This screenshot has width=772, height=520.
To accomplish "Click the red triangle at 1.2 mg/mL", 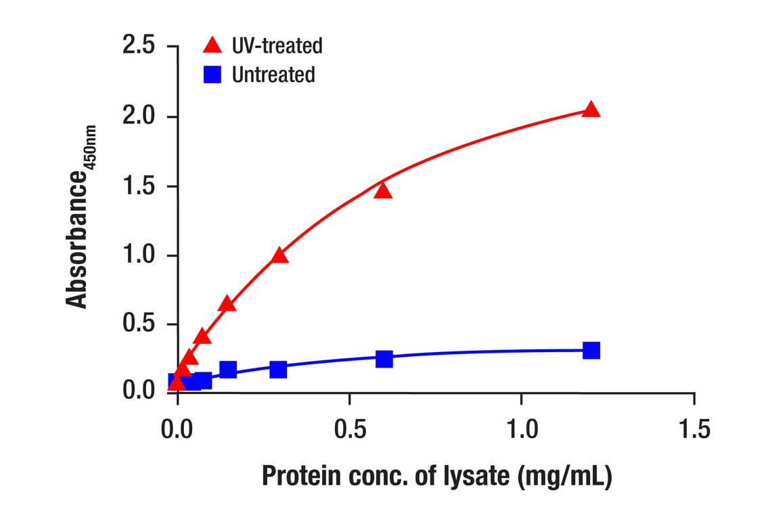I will [591, 110].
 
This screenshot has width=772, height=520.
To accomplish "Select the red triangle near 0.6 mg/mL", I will [384, 190].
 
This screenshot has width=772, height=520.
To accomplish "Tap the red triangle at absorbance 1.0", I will [279, 255].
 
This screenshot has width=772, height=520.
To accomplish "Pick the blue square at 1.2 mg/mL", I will [591, 350].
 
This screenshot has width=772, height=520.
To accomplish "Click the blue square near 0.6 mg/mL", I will [384, 359].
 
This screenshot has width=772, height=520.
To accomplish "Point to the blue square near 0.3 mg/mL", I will [278, 369].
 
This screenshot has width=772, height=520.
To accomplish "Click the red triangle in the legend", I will [212, 45].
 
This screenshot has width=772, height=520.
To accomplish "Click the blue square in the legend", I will [212, 74].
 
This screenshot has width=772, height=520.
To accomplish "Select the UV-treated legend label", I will [277, 46].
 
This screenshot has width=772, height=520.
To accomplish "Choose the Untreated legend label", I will [273, 74].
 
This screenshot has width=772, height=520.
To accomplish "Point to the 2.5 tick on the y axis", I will [139, 46].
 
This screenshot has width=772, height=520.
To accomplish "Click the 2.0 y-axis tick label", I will [139, 116].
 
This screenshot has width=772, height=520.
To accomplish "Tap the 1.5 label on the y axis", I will [139, 186].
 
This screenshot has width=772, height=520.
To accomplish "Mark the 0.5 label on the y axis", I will [139, 324].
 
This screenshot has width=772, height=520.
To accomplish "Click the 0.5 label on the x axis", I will [349, 429].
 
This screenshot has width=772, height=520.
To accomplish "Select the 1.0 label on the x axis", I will [522, 429].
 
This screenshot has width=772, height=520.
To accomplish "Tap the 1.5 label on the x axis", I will [694, 429].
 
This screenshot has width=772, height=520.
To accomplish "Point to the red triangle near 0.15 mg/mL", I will [227, 303].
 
